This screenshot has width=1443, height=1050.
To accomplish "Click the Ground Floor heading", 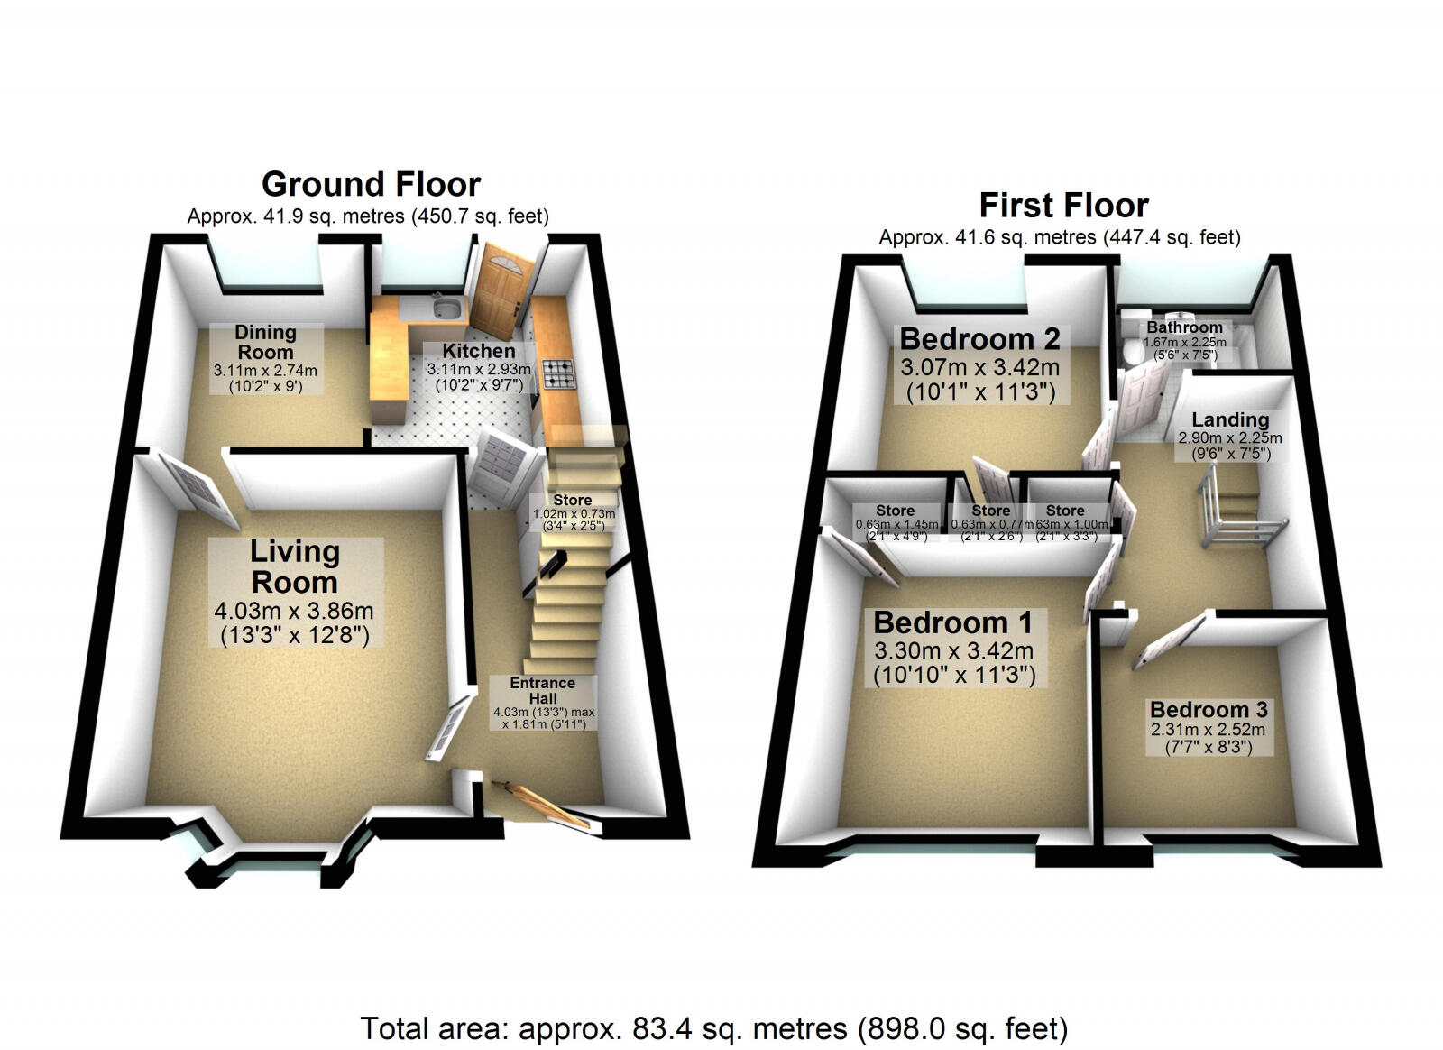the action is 371,185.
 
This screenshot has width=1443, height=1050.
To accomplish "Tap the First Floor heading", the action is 1063,206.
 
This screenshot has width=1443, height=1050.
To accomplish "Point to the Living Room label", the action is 295,566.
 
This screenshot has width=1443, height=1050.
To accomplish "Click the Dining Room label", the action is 265,343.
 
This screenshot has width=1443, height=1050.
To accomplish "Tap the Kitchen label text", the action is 479,351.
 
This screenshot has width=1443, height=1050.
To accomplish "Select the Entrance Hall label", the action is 543,690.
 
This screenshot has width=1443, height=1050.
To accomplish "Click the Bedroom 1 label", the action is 952,622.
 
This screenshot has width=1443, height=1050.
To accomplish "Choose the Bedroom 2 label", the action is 979,339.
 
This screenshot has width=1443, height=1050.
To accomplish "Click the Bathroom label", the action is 1185,327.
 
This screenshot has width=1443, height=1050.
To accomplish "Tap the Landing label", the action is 1230,419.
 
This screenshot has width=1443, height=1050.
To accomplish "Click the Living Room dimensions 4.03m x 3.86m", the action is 294,611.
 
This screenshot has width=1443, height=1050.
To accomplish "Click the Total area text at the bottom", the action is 713,1027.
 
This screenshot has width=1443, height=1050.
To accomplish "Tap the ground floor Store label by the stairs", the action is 573,500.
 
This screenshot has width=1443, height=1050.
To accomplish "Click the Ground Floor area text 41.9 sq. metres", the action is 367,216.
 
